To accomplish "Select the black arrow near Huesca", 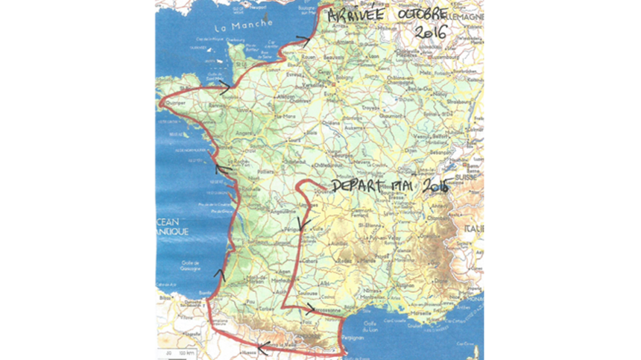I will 260,345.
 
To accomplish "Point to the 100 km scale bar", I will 174,350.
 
